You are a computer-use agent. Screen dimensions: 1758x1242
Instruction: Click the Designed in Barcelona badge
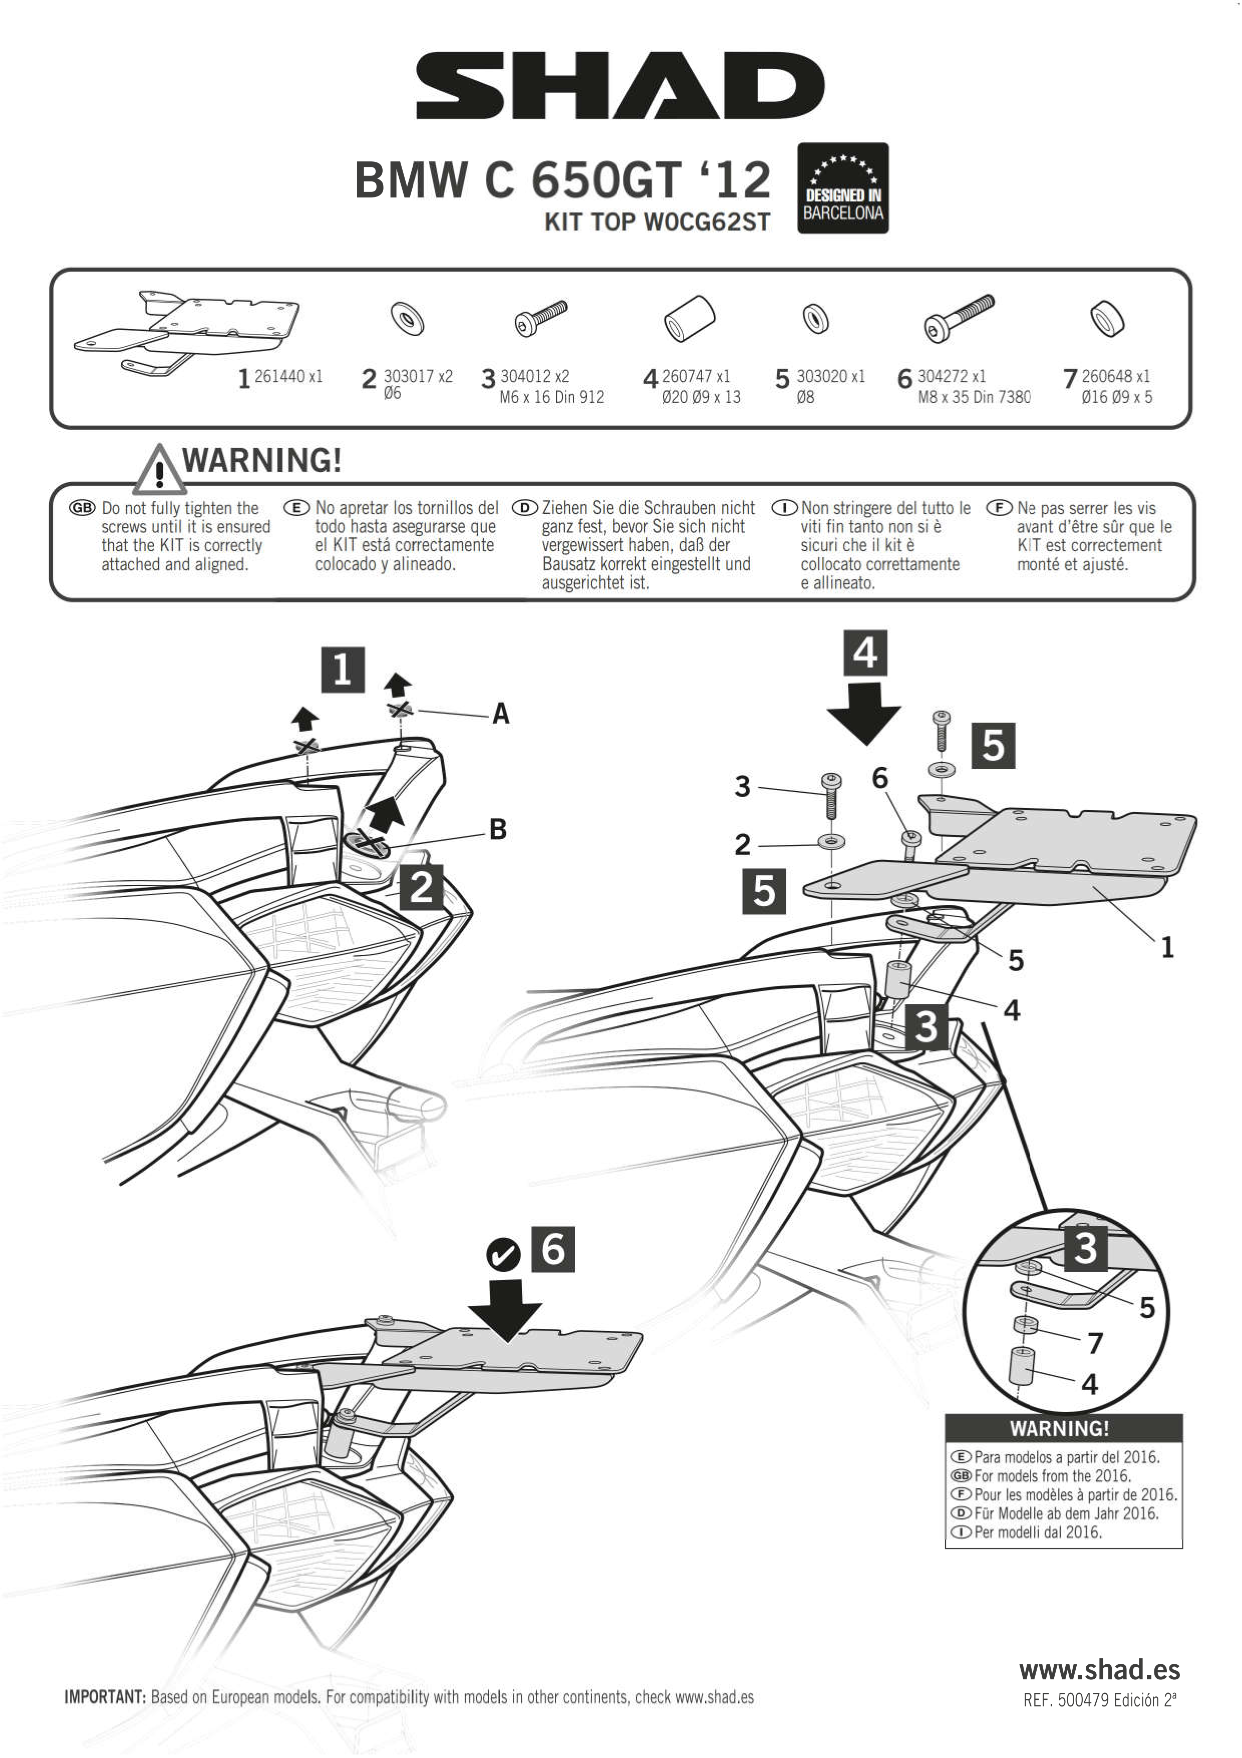(x=842, y=188)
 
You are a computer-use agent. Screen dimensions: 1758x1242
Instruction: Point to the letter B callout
(x=497, y=829)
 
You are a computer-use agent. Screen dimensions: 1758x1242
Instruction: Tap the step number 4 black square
(x=865, y=653)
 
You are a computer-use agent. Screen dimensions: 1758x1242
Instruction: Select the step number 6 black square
(x=552, y=1249)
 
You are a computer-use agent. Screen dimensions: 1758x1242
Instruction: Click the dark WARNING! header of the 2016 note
(x=1063, y=1428)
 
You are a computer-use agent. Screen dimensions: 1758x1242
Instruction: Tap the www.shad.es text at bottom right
(x=1099, y=1669)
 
